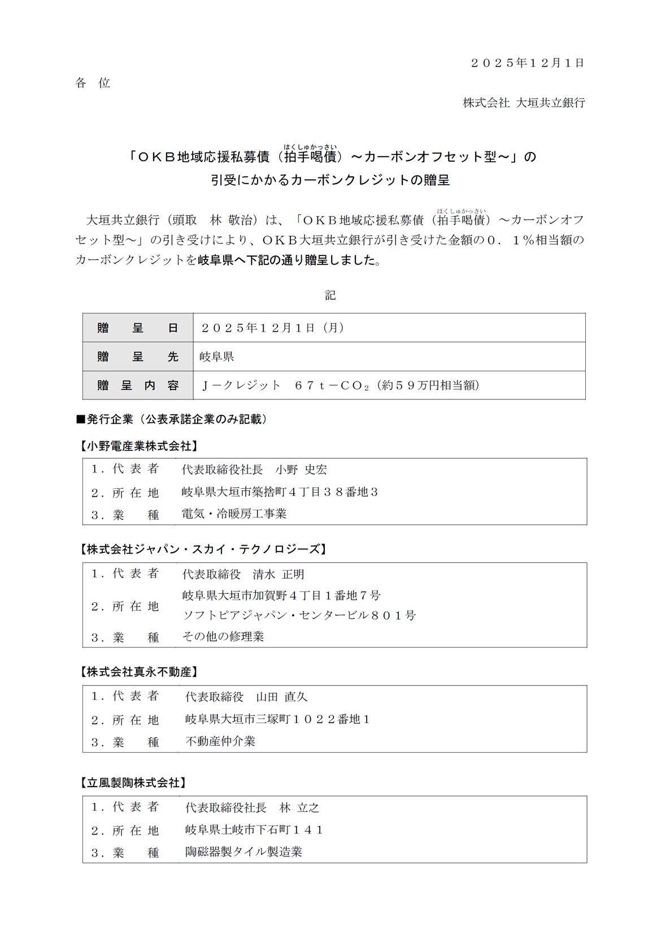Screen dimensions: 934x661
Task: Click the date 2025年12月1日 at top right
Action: point(528,63)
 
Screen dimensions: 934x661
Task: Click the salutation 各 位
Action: point(93,83)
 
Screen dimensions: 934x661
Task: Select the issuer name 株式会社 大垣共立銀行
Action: point(524,103)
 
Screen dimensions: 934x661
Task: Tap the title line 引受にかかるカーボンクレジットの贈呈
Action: point(330,180)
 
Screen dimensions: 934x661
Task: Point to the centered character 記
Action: point(330,295)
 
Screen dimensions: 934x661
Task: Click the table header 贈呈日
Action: point(138,328)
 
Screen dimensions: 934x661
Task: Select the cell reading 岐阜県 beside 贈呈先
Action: point(217,357)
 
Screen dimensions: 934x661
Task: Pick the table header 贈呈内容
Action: point(138,385)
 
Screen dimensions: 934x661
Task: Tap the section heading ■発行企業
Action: point(172,419)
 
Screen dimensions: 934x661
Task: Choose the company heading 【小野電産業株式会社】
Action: point(138,446)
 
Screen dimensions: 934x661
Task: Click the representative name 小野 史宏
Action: point(301,470)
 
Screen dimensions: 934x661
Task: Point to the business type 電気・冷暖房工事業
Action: point(234,514)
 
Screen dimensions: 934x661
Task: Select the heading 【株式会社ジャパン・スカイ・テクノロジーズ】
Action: point(202,549)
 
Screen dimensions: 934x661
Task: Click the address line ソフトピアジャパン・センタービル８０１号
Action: point(299,615)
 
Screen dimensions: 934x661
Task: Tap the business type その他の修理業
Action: point(223,636)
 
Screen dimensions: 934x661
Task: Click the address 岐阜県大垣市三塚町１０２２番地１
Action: point(277,719)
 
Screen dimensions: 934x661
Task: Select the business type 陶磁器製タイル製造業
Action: point(243,852)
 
